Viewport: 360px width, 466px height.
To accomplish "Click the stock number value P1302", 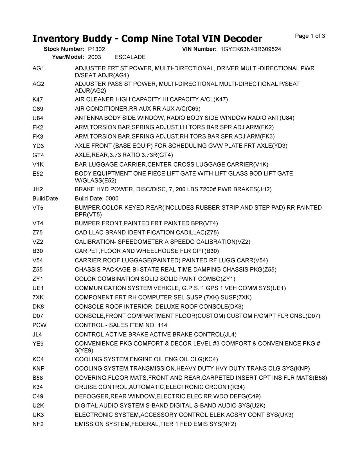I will point(96,49).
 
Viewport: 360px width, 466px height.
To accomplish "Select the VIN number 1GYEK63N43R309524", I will point(251,49).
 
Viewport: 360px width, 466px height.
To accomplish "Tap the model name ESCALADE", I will point(130,57).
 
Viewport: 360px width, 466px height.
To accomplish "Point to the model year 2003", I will point(94,57).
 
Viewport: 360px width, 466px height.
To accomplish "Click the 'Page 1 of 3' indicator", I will point(310,36).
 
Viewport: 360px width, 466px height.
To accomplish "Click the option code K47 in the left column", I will point(38,100).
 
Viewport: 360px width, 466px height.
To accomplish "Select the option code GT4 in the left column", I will point(38,155).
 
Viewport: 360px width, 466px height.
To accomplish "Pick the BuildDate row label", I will point(45,199).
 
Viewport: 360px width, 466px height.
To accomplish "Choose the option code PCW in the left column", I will point(39,325).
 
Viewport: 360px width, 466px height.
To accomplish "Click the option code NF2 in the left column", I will point(38,424).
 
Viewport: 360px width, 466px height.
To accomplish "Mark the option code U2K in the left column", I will point(38,406).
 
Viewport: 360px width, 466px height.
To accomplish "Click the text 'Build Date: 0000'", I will point(96,199).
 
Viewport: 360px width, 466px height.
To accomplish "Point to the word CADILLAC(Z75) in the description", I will point(197,233).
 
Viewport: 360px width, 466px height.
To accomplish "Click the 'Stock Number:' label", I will point(64,49).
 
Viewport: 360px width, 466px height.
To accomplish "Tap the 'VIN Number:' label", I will point(199,49).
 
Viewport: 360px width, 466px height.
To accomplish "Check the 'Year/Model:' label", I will point(68,57).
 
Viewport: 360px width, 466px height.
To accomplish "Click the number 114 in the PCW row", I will point(162,325).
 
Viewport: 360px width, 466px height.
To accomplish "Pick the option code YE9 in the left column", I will point(38,344).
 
